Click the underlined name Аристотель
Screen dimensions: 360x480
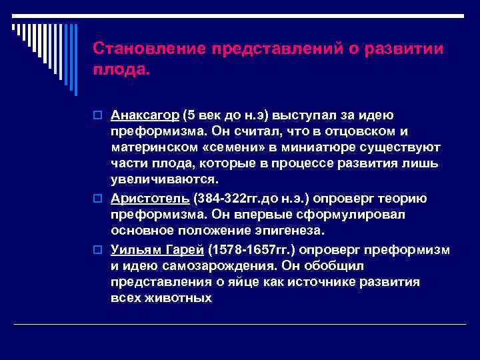[150, 199]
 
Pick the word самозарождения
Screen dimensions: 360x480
[205, 265]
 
